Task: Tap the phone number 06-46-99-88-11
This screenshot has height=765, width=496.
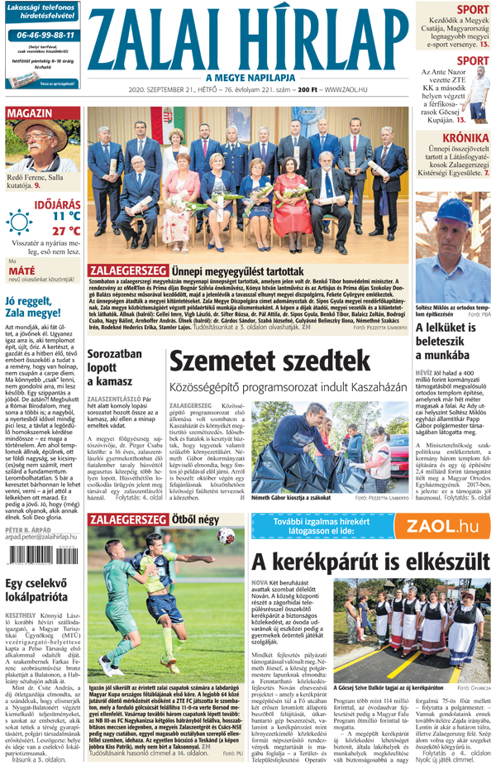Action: [x=41, y=36]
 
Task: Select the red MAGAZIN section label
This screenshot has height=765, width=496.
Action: [x=30, y=112]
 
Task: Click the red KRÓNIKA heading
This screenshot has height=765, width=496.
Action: [x=465, y=138]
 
